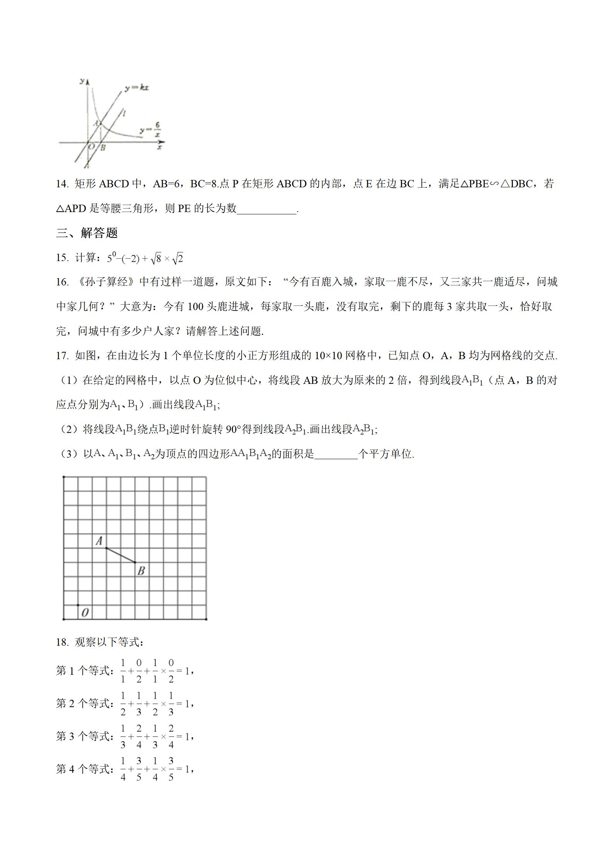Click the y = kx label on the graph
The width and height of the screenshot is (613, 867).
(x=136, y=88)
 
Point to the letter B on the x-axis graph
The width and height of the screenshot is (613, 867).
(x=103, y=148)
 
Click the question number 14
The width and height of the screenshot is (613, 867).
(x=62, y=184)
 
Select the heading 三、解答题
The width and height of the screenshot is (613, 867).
(x=87, y=233)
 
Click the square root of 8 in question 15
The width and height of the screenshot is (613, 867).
(x=156, y=258)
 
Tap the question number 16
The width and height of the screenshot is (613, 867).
(x=62, y=282)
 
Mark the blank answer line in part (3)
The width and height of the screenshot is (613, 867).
(x=336, y=455)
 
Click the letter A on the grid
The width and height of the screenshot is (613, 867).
(x=99, y=541)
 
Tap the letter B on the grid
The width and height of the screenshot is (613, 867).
(x=141, y=570)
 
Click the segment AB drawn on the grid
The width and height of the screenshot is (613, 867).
(x=121, y=555)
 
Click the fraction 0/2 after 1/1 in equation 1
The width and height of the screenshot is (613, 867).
(x=139, y=671)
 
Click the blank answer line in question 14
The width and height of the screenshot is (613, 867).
(x=267, y=209)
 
